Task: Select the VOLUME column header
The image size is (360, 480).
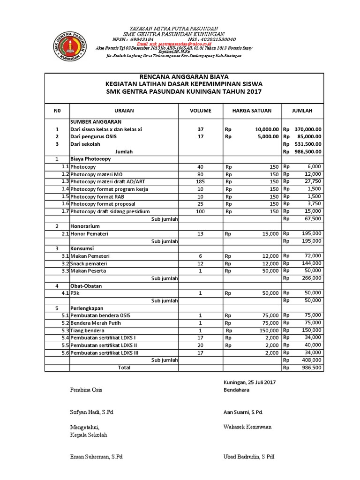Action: pyautogui.click(x=200, y=111)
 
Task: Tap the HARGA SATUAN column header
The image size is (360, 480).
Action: pyautogui.click(x=251, y=111)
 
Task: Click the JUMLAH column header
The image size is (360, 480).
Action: pyautogui.click(x=302, y=111)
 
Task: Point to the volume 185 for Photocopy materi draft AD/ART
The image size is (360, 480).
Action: pyautogui.click(x=200, y=181)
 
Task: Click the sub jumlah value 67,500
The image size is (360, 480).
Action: pyautogui.click(x=312, y=219)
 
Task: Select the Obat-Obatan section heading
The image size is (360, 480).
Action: pyautogui.click(x=86, y=285)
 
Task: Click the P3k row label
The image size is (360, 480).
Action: pyautogui.click(x=75, y=293)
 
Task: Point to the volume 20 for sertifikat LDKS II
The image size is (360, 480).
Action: pyautogui.click(x=200, y=345)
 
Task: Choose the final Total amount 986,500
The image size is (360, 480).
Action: pyautogui.click(x=312, y=368)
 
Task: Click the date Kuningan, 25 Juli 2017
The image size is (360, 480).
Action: pyautogui.click(x=250, y=382)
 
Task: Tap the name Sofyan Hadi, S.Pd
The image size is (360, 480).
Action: pyautogui.click(x=92, y=412)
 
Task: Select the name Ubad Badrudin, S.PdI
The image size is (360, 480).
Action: pyautogui.click(x=249, y=456)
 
